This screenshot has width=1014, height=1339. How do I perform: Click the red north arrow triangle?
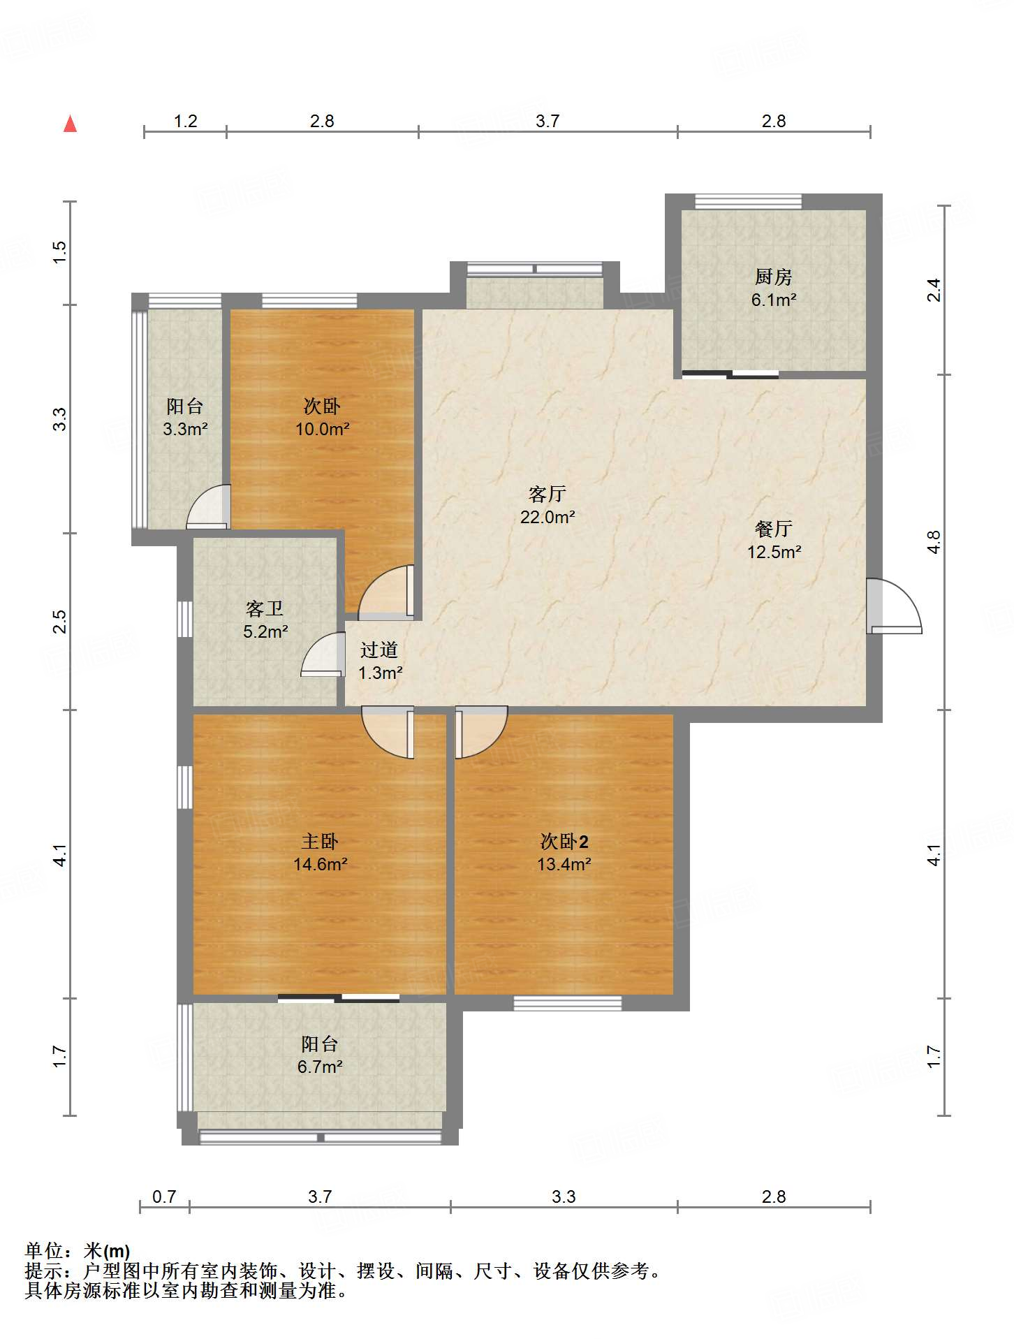(70, 124)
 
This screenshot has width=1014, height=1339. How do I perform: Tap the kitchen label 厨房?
(773, 277)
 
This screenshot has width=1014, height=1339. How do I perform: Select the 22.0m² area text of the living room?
(548, 517)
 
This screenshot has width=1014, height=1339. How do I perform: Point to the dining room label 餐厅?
(773, 529)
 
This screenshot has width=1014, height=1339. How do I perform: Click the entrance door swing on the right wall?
(894, 606)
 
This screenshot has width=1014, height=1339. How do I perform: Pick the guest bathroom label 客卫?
(265, 609)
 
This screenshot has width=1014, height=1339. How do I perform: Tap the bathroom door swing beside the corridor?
(323, 654)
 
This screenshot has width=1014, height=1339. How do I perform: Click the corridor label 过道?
(379, 650)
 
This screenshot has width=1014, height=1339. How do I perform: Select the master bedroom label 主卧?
(320, 841)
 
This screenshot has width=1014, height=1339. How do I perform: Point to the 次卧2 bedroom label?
(564, 841)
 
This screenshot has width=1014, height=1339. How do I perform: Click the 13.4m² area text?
(564, 864)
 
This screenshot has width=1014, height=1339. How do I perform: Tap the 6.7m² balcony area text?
(320, 1067)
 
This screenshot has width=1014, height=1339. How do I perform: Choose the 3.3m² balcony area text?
(185, 429)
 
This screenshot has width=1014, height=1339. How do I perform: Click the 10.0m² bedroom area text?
(322, 429)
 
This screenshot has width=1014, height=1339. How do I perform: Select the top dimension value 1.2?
(185, 122)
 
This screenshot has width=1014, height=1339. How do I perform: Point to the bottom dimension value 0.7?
(164, 1197)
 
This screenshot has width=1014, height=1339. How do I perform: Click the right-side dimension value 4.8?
(934, 542)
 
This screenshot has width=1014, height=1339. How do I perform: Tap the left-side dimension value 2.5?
(60, 622)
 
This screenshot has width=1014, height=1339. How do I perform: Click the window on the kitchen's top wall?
(748, 201)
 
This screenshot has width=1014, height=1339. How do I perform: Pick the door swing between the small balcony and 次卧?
(208, 506)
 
